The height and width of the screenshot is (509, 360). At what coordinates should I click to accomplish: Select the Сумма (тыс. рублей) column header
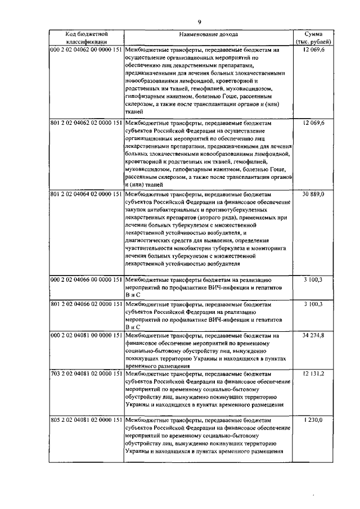click(313, 38)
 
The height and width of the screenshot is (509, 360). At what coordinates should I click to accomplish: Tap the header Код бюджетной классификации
click(86, 38)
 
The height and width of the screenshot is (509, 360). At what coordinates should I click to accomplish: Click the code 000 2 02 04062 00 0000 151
click(86, 50)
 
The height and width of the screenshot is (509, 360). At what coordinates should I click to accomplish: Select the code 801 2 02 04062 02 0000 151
click(86, 123)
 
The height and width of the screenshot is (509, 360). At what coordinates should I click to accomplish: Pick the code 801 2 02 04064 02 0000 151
click(86, 194)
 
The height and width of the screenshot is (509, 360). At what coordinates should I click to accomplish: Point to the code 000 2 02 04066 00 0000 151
click(86, 280)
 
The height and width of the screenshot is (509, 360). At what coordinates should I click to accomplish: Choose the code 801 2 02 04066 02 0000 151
click(86, 304)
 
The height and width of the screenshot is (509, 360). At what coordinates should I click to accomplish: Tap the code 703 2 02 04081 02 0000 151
click(86, 373)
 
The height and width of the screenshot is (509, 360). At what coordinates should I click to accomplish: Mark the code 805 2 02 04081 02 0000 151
click(86, 420)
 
